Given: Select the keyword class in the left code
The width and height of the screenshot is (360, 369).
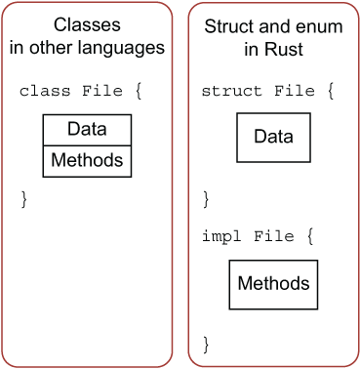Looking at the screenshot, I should [44, 91].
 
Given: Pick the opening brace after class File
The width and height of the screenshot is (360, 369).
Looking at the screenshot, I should [140, 91].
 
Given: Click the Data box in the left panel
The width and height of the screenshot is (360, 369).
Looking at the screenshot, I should [87, 129].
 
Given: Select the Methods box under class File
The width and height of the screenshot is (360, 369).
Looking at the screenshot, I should [87, 159].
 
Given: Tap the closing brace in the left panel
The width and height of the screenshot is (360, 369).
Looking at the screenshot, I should [25, 198].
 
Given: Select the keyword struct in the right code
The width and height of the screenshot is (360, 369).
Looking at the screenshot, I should [231, 91].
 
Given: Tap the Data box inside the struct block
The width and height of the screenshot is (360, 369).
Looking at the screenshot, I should [273, 137].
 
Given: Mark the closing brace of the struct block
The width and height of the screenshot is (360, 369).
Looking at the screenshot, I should [206, 198].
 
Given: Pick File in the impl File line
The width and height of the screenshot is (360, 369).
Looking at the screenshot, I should [274, 236].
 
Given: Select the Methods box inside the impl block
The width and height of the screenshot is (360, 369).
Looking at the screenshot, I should [273, 284].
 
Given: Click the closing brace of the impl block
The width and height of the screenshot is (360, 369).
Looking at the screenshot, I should [206, 343].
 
